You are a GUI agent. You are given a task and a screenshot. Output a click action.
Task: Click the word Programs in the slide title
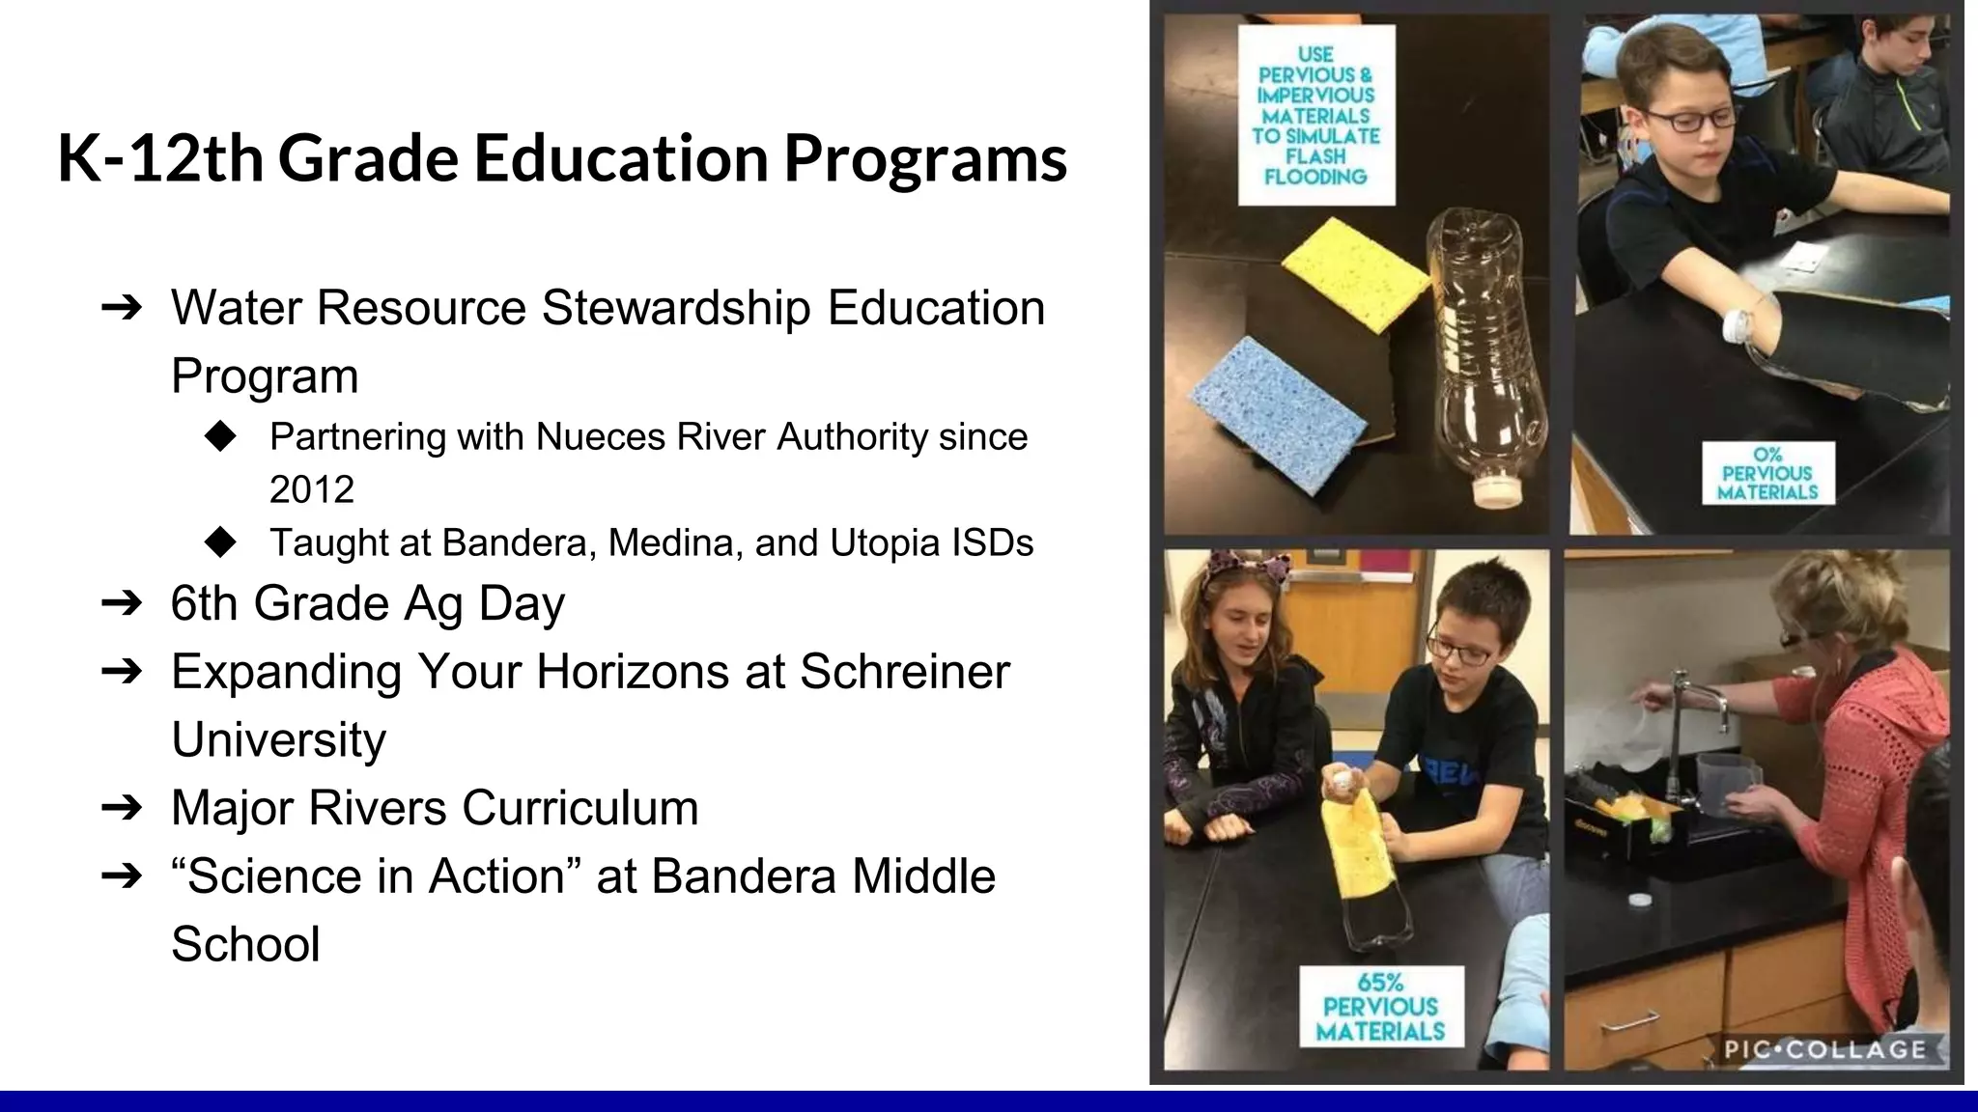[925, 159]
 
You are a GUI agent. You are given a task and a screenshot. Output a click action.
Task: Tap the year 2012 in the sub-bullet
[311, 490]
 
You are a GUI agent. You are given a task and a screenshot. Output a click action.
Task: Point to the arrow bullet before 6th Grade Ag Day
[122, 604]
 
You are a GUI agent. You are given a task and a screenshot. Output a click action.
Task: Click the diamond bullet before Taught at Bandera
[221, 542]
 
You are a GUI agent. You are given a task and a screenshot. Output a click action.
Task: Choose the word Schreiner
[904, 672]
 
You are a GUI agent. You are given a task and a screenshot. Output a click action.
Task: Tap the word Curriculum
[579, 808]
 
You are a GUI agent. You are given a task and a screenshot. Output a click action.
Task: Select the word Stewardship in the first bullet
[676, 308]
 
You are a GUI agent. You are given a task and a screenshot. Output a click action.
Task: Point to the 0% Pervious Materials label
[1767, 474]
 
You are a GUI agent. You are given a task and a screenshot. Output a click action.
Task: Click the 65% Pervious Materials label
[1381, 1008]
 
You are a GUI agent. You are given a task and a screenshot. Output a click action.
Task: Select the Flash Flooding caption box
[1315, 116]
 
